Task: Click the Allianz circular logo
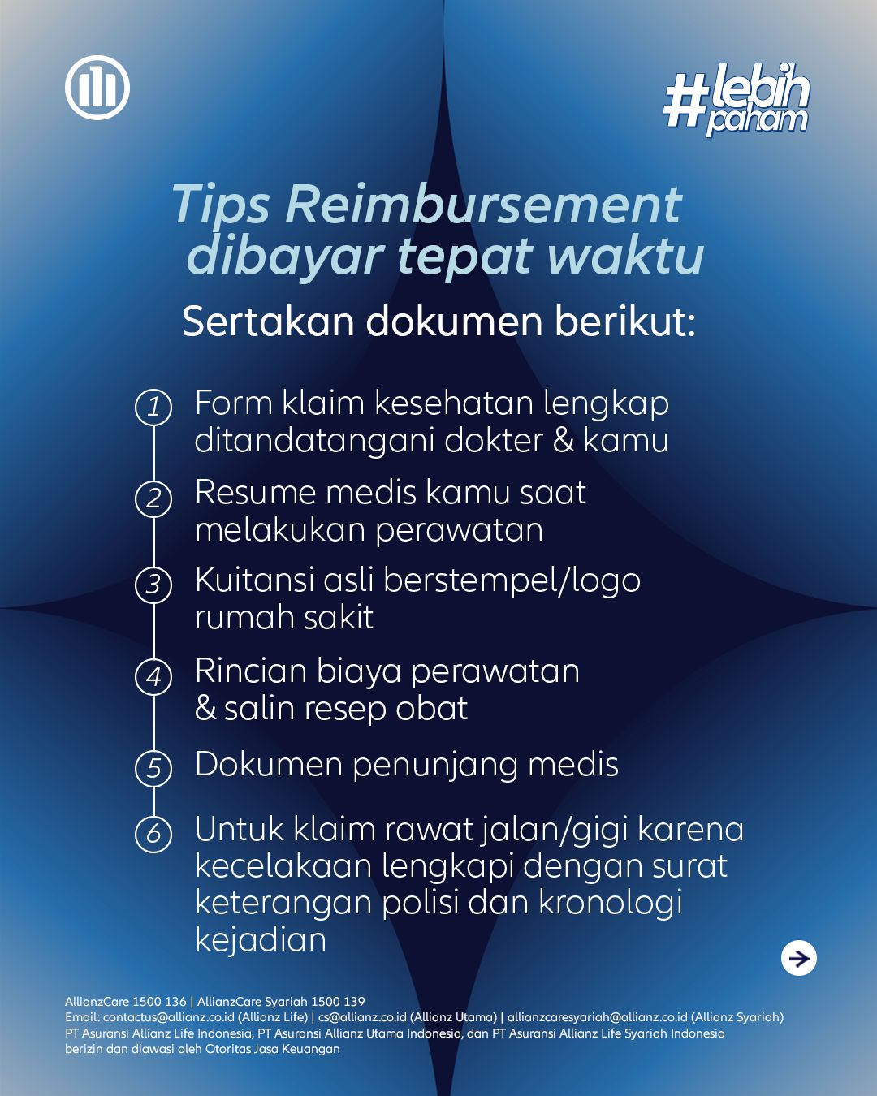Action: pos(97,88)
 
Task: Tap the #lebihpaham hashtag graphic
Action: pos(737,100)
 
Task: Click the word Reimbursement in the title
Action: pos(483,204)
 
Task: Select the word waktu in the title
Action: pos(625,256)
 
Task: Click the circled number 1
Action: pos(153,406)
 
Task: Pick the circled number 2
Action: pos(153,498)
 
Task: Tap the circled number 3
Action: pos(153,585)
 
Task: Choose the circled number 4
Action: pos(153,676)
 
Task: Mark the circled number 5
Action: pos(153,768)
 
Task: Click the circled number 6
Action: pos(153,834)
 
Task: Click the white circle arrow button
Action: pos(799,958)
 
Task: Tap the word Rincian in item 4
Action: pos(249,671)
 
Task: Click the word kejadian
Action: pos(261,940)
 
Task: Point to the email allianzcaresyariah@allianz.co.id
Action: pos(598,1017)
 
